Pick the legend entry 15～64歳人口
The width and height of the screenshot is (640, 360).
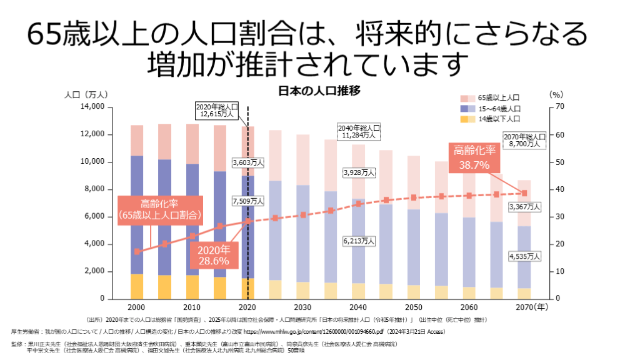click(x=499, y=109)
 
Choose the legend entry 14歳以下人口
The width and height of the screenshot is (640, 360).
click(x=499, y=119)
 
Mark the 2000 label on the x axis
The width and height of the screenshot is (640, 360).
click(x=137, y=307)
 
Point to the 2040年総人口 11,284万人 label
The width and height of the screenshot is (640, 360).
click(x=358, y=131)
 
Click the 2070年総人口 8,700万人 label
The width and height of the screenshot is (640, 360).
click(x=524, y=140)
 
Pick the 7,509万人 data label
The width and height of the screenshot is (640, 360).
click(x=247, y=201)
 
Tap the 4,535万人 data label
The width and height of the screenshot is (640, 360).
click(x=524, y=256)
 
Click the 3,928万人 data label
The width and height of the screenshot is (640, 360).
click(x=358, y=172)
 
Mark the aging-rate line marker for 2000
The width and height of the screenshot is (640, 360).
click(x=137, y=251)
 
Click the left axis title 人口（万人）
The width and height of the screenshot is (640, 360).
click(x=87, y=94)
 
